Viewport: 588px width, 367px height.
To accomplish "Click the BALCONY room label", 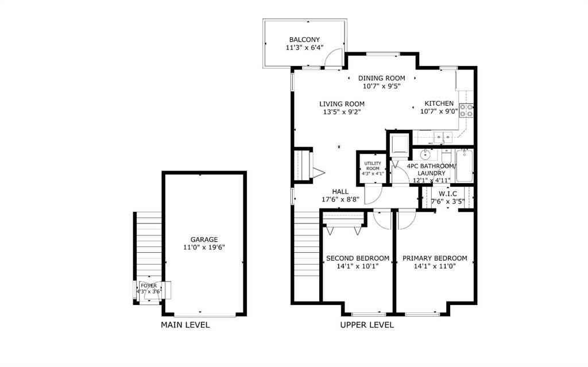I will pyautogui.click(x=304, y=40).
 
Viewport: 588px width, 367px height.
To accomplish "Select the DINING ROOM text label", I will pyautogui.click(x=381, y=78).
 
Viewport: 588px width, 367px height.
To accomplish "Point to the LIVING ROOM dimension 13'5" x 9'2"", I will pyautogui.click(x=343, y=113).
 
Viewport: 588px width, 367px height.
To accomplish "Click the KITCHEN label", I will pyautogui.click(x=439, y=103).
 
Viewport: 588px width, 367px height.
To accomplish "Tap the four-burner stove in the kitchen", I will pyautogui.click(x=466, y=110).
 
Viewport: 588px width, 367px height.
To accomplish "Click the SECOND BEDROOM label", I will pyautogui.click(x=357, y=258).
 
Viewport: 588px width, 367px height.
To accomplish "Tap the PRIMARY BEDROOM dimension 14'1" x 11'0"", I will pyautogui.click(x=435, y=266).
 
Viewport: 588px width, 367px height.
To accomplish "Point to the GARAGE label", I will pyautogui.click(x=204, y=239).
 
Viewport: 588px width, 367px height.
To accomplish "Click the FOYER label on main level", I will pyautogui.click(x=149, y=285).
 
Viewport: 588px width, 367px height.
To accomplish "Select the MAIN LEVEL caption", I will pyautogui.click(x=185, y=325).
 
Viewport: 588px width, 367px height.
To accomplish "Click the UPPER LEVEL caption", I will pyautogui.click(x=367, y=325).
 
